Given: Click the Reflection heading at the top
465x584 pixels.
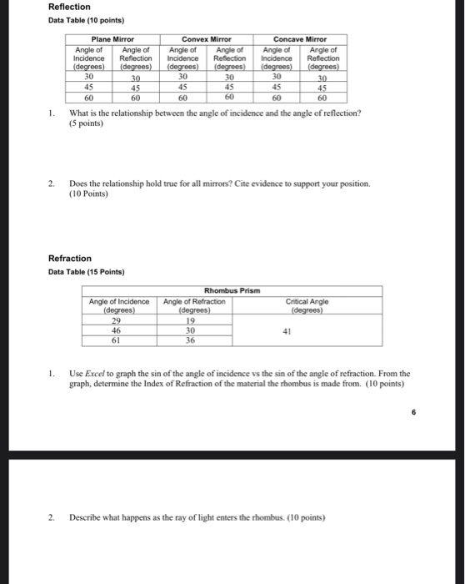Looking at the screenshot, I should (x=69, y=7).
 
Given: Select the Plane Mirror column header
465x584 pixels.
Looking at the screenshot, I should (x=112, y=38).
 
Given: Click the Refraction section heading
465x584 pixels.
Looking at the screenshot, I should (x=70, y=259).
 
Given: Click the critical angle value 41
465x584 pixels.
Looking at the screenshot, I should (x=308, y=330).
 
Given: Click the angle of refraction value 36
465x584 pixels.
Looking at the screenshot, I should (x=190, y=340).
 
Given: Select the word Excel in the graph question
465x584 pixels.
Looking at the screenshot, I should (x=92, y=374).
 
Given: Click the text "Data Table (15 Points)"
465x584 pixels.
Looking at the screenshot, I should (x=86, y=272).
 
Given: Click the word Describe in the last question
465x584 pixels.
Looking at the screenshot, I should (x=87, y=516).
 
